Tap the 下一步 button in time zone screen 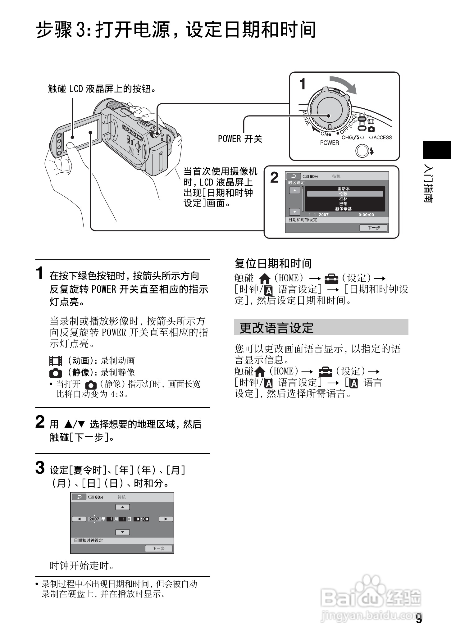[373, 228]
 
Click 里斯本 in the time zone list [344, 189]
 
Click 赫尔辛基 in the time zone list [344, 209]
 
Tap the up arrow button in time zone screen [294, 190]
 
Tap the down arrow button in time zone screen [294, 212]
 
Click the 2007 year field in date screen [94, 519]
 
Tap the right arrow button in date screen [166, 519]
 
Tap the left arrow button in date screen [79, 519]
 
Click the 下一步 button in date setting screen [158, 549]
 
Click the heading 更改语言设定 [276, 328]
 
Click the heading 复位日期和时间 [273, 264]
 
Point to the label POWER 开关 [240, 139]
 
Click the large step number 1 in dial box [303, 84]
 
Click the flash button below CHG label [362, 151]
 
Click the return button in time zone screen [294, 176]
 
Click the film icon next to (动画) [56, 361]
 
